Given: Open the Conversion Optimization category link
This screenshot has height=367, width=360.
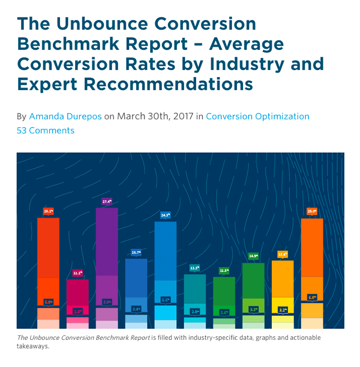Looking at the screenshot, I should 258,116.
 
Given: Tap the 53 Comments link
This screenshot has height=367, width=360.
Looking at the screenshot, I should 45,130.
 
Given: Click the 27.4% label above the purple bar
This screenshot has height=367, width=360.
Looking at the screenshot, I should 106,201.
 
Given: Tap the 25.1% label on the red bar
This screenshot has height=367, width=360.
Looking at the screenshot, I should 48,211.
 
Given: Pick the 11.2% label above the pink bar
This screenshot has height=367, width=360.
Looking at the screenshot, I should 77,273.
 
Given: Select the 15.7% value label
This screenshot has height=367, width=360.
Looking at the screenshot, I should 136,252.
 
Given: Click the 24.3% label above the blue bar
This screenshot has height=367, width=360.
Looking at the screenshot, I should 165,215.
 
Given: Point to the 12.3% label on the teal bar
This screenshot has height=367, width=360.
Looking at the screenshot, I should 195,268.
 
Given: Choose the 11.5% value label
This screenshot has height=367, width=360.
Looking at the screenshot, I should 224,271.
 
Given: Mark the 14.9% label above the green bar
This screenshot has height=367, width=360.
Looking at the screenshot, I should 254,256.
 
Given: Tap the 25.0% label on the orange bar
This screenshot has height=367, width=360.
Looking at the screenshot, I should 312,211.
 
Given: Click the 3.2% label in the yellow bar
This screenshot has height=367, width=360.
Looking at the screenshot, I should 283,310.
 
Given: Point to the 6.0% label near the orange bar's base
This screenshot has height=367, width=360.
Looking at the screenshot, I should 312,298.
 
